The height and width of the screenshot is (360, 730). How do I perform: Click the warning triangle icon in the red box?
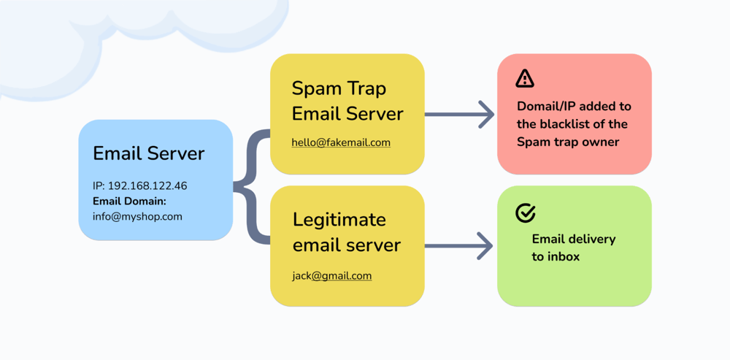tap(524, 79)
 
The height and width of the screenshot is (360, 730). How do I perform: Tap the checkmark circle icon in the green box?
tap(526, 212)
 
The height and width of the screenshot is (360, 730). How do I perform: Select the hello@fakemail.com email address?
tap(341, 142)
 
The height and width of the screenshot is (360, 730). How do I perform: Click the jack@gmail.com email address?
tap(332, 276)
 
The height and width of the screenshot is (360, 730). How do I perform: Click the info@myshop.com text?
tap(137, 216)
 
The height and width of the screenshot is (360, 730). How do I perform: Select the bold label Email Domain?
tap(129, 201)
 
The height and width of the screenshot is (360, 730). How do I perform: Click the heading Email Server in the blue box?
tap(148, 154)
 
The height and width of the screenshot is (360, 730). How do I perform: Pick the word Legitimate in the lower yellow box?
tap(339, 220)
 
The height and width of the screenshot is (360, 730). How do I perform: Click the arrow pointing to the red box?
tap(460, 115)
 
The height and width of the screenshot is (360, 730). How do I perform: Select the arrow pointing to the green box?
tap(460, 245)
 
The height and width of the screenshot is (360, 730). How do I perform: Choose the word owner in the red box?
tap(600, 142)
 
